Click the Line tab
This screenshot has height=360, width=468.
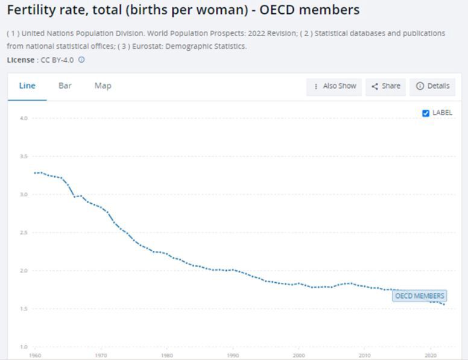[27, 86]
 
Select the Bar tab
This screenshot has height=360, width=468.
[65, 86]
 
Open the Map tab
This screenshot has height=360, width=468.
[103, 86]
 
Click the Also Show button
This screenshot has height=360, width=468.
[335, 86]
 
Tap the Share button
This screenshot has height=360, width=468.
[385, 86]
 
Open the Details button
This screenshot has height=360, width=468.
[432, 86]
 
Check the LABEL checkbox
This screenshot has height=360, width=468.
[426, 113]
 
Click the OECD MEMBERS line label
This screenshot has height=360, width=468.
[419, 296]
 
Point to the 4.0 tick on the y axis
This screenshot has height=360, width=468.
[24, 118]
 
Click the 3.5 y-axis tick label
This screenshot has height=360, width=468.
[24, 156]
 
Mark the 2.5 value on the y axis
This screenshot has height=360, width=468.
[24, 233]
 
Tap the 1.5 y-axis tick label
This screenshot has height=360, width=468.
[24, 309]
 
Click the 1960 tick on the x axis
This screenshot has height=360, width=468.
[36, 355]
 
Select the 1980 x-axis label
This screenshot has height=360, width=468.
[168, 355]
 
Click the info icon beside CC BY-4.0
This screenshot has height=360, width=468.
[82, 60]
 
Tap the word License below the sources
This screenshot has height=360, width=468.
[20, 60]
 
